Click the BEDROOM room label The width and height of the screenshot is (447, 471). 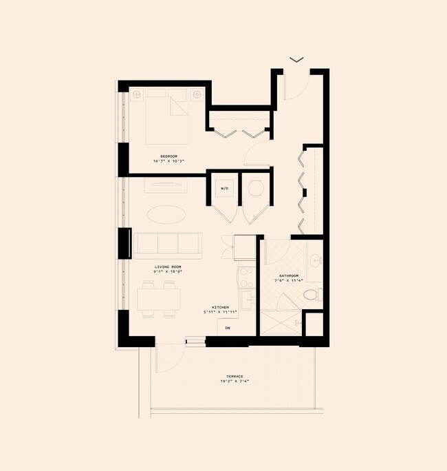pos(168,156)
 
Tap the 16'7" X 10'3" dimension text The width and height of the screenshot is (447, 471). pos(168,161)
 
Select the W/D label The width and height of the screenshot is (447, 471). pos(224,188)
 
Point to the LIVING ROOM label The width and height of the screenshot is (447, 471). pos(167,266)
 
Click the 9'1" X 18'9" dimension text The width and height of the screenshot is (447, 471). pos(167,272)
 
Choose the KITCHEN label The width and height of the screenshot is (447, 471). pos(221,307)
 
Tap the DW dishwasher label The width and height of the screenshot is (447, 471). pos(228,328)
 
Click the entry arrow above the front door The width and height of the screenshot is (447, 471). pos(296,60)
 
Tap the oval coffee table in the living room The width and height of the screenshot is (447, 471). pos(166,213)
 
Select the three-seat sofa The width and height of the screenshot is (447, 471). pos(168,245)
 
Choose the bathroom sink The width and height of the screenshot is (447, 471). pos(315,261)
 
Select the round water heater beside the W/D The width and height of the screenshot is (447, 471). pos(255,188)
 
